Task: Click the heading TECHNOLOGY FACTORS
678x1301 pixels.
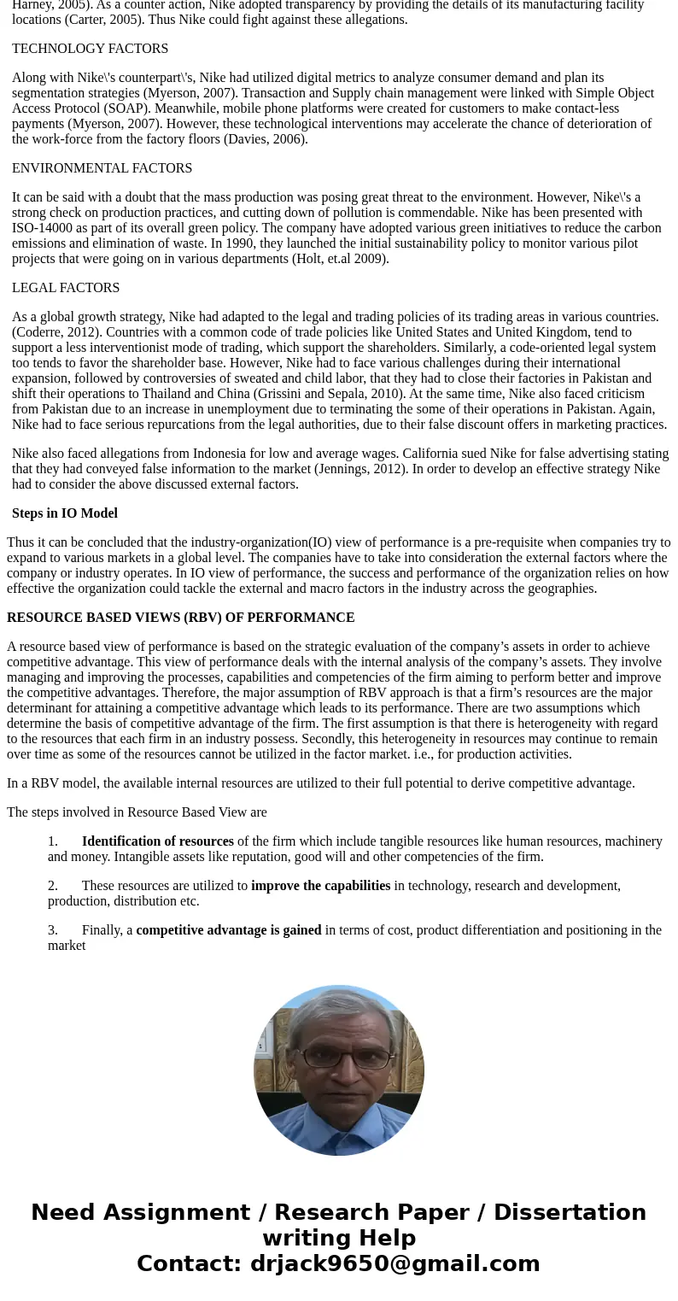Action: coord(90,49)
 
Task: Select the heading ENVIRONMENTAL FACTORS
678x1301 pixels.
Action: coord(102,168)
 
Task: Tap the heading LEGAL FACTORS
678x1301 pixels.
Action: coord(66,288)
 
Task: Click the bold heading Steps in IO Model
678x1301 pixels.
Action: coord(65,513)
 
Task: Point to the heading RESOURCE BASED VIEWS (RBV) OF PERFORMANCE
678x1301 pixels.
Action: coord(180,618)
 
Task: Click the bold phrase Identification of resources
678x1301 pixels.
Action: coord(157,841)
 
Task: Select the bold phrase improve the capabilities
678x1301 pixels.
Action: coord(320,886)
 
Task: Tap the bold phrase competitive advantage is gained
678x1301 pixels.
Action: coord(229,930)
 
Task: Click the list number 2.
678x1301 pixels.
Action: coord(53,886)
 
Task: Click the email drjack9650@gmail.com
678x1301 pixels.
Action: coord(395,1263)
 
